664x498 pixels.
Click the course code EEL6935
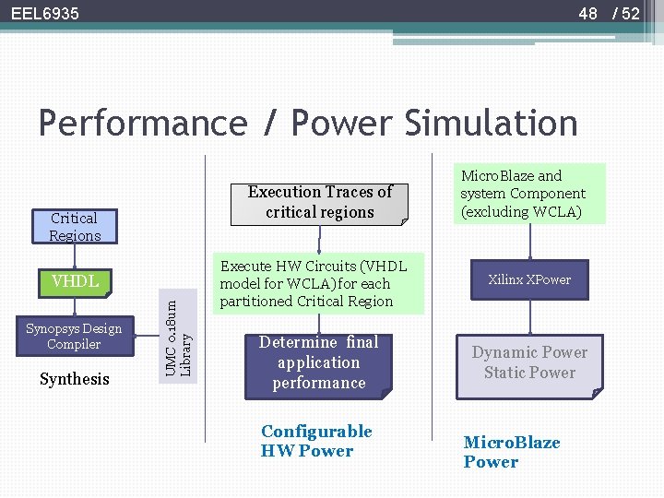click(45, 14)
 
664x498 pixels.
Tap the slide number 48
click(588, 14)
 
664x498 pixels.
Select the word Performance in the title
click(143, 124)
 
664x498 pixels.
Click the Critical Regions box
click(75, 227)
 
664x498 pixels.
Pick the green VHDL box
click(75, 281)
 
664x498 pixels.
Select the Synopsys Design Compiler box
click(74, 337)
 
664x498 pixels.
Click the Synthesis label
click(75, 379)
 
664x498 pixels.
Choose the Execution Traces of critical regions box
click(319, 202)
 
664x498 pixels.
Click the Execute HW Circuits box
click(318, 283)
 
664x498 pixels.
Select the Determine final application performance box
click(318, 363)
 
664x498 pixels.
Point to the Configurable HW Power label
click(316, 441)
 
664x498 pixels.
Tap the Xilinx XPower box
click(529, 279)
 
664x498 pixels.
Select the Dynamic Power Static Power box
click(529, 363)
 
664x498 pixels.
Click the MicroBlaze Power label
click(511, 452)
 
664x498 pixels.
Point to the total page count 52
click(630, 14)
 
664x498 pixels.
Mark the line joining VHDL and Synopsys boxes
click(75, 307)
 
